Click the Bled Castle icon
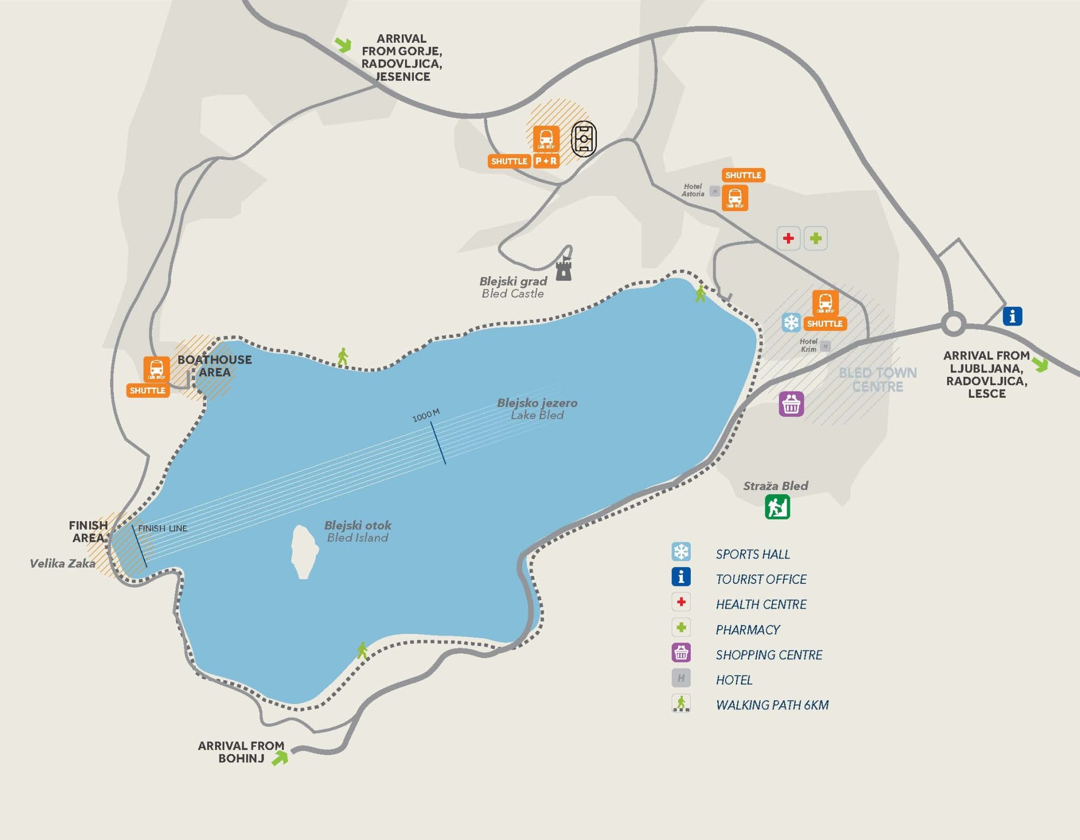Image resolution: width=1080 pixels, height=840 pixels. click(x=564, y=268)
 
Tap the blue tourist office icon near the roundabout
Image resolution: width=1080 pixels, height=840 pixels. click(x=1012, y=316)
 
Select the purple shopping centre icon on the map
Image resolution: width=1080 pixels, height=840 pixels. click(x=791, y=404)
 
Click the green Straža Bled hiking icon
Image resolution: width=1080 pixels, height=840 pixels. click(x=777, y=507)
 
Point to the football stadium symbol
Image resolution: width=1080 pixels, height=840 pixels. click(x=584, y=139)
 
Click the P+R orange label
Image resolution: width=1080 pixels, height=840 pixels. click(x=546, y=161)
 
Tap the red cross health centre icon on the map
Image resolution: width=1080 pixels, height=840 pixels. click(x=788, y=238)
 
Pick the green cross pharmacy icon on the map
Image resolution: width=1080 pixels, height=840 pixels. click(x=815, y=238)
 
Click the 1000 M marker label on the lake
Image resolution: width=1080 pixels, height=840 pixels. click(x=426, y=415)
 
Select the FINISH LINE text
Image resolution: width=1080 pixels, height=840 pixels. click(x=162, y=528)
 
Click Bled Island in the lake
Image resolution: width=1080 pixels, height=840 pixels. click(x=304, y=551)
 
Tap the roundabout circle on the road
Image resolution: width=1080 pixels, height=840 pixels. click(x=953, y=324)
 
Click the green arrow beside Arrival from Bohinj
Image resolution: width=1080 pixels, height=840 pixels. click(x=280, y=757)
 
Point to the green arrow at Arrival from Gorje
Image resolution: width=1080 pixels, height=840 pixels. click(x=343, y=45)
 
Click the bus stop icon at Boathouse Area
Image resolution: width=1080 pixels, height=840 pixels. click(x=157, y=368)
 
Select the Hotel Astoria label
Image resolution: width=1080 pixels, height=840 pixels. click(x=692, y=190)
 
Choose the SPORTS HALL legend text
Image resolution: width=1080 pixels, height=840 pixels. click(x=753, y=554)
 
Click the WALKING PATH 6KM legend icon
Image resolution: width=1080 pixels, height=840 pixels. click(x=681, y=704)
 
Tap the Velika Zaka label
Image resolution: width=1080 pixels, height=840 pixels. click(x=62, y=563)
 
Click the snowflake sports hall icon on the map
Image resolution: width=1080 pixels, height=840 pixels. click(x=790, y=322)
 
